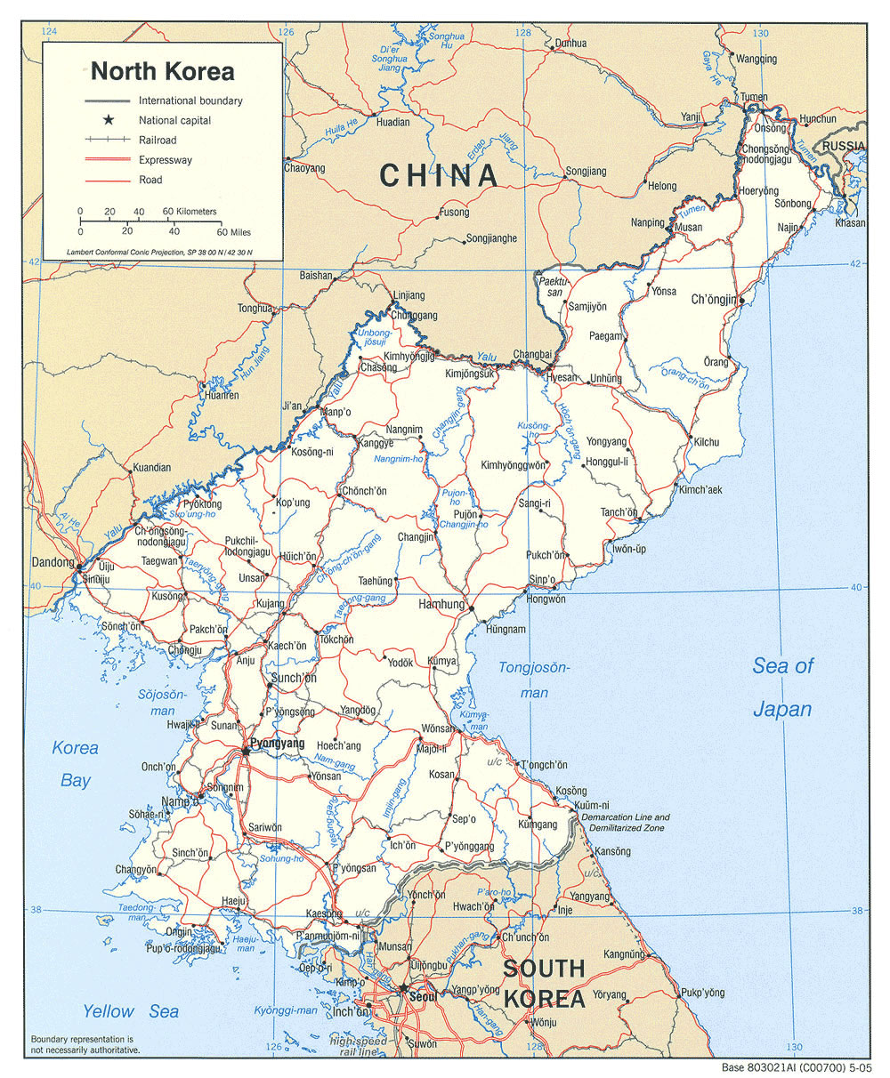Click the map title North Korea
click(162, 71)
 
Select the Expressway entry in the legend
click(165, 160)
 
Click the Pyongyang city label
click(278, 744)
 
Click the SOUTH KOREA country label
click(543, 983)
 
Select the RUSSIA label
click(844, 145)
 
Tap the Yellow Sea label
click(131, 1011)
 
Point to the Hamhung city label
click(441, 605)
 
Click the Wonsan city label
click(438, 728)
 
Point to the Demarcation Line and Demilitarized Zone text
click(626, 822)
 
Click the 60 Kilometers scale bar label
click(190, 212)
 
